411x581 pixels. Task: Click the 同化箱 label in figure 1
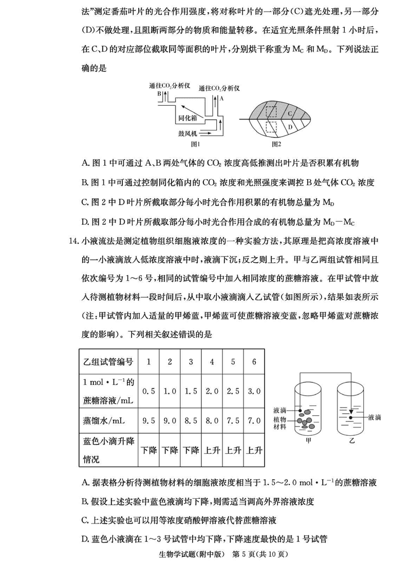188,118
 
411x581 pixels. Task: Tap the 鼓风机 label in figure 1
188,132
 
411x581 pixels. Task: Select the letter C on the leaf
290,113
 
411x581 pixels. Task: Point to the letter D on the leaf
290,127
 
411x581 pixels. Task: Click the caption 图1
195,144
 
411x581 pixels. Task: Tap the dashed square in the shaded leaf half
271,111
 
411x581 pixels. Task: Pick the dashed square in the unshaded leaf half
271,127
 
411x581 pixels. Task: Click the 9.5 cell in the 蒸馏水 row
148,421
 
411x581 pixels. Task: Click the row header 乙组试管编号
108,362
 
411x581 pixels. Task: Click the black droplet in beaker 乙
351,417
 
